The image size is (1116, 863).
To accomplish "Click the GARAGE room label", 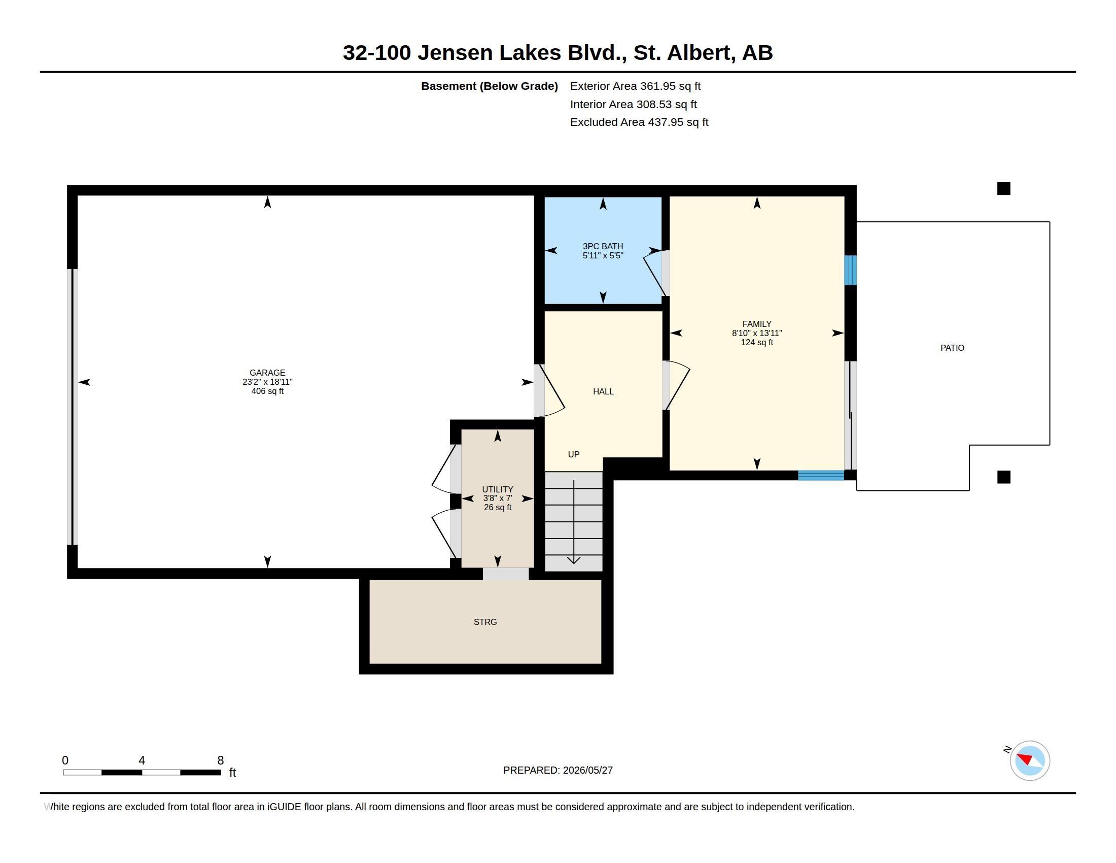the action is (267, 373).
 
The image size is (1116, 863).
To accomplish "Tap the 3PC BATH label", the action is (603, 246).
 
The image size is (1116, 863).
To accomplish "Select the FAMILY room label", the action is (757, 324).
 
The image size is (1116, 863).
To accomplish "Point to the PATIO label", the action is (953, 348).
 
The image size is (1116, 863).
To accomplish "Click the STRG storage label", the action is (485, 622).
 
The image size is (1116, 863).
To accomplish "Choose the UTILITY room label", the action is (498, 489).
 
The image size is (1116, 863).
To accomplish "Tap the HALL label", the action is (604, 391).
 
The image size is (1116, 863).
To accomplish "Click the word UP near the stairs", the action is (574, 454).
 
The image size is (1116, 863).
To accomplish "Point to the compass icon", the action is (1029, 760).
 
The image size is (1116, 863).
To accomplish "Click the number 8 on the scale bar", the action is (221, 760).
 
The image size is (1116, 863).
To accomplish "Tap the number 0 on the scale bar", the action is (65, 760).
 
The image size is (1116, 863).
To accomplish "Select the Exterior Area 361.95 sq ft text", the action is (635, 86).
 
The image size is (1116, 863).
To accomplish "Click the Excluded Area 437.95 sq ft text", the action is (639, 122).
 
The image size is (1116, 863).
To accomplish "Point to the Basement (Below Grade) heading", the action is (490, 86).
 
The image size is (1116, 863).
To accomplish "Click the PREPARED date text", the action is (558, 770).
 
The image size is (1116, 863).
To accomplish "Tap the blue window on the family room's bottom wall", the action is (821, 476).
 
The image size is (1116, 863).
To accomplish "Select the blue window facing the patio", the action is (850, 270).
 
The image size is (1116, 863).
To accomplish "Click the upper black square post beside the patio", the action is (1003, 189).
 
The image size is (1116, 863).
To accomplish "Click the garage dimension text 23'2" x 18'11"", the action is (267, 382).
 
